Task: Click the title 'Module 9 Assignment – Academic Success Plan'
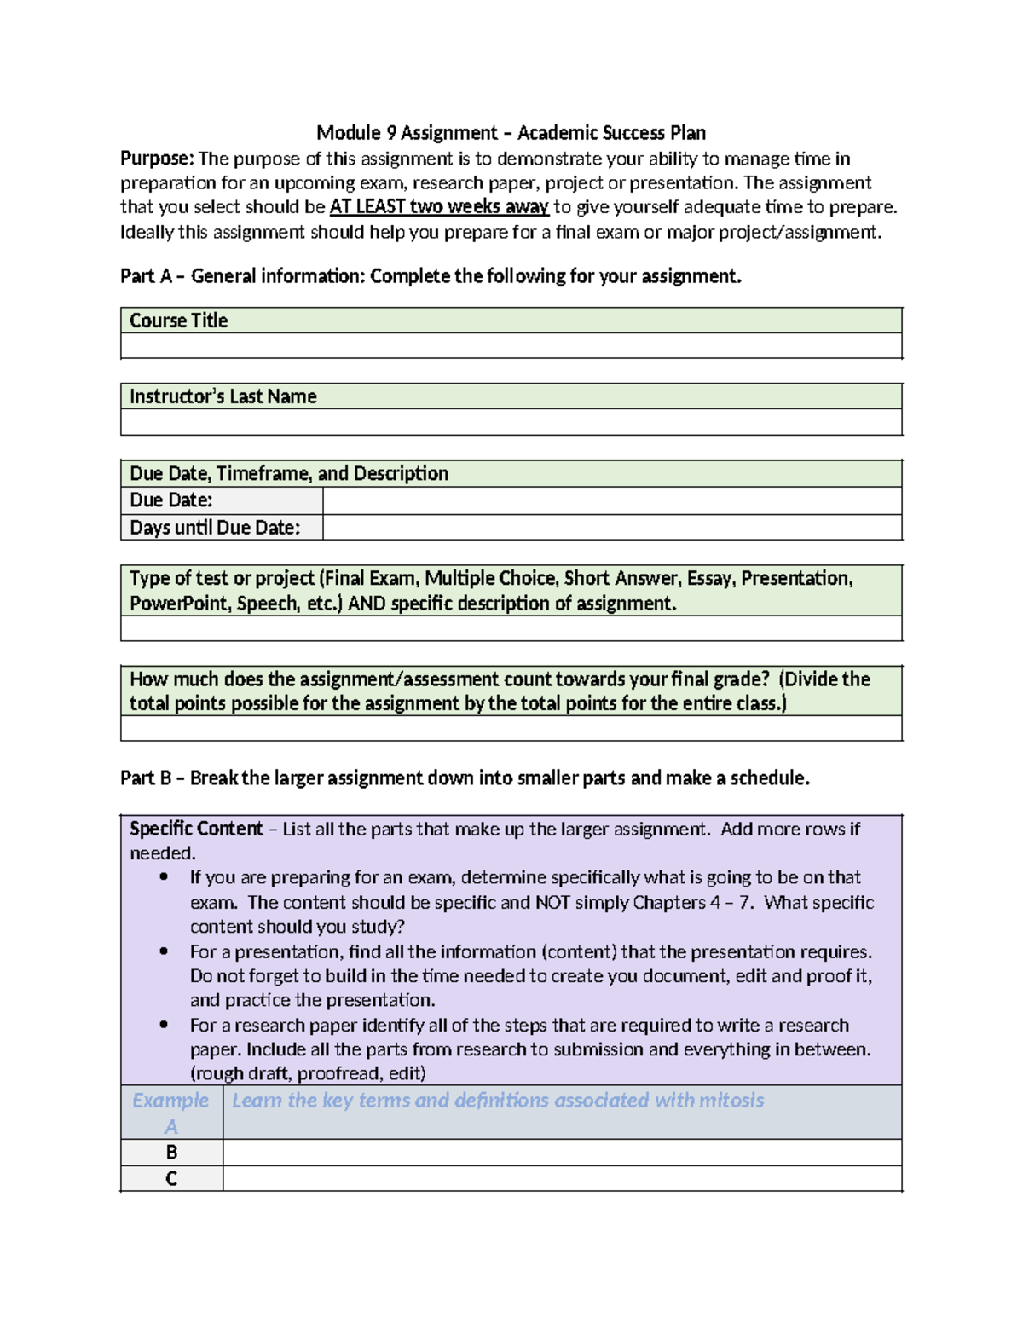[x=511, y=132]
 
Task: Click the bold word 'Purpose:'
[x=158, y=159]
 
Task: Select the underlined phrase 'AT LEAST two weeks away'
[x=438, y=207]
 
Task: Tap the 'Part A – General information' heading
[x=431, y=276]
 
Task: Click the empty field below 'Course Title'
[x=511, y=346]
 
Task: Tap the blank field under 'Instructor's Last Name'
[x=511, y=422]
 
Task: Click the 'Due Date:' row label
[x=171, y=500]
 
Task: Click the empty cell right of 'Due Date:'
[x=611, y=500]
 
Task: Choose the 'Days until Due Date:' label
[x=215, y=528]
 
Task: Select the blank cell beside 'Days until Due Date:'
[x=611, y=528]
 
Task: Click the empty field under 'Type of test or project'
[x=511, y=628]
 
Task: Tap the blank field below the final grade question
[x=511, y=728]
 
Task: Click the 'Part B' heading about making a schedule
[x=465, y=778]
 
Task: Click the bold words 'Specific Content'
[x=196, y=829]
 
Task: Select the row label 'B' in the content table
[x=171, y=1153]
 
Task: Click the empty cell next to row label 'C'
[x=562, y=1178]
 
